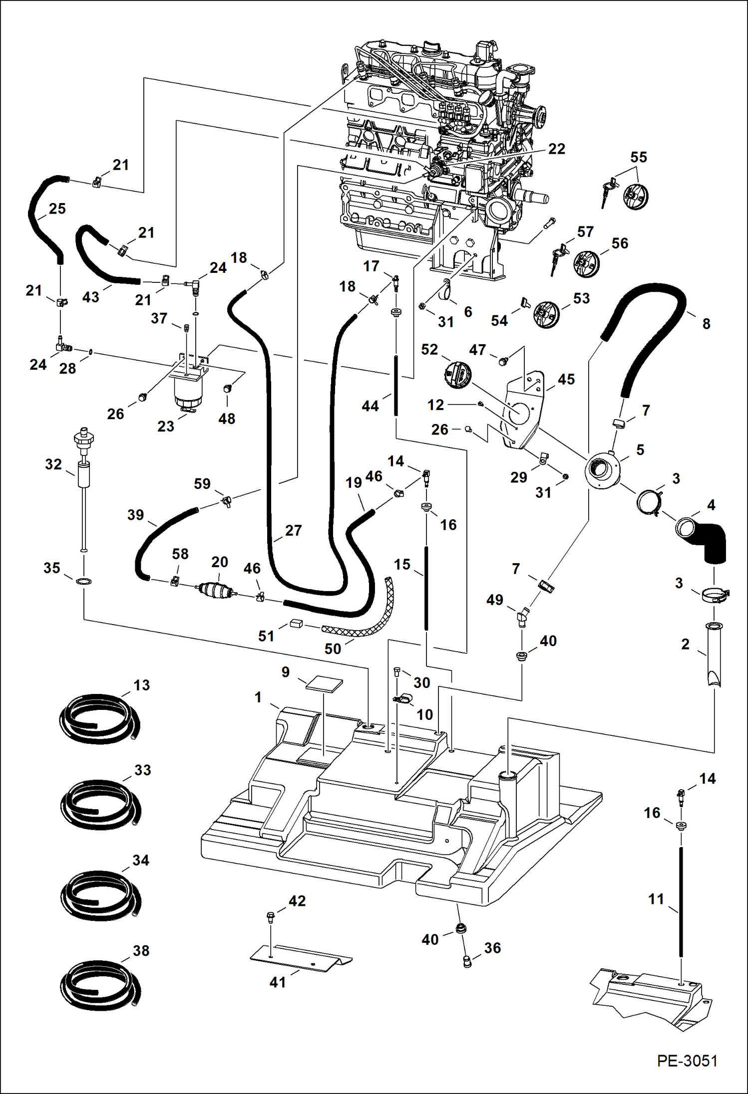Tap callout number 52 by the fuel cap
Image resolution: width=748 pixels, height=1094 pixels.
(x=429, y=349)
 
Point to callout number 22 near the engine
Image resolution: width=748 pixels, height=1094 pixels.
(x=556, y=149)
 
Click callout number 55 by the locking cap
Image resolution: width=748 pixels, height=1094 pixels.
(x=638, y=157)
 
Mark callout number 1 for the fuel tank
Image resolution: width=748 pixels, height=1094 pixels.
(x=258, y=697)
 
